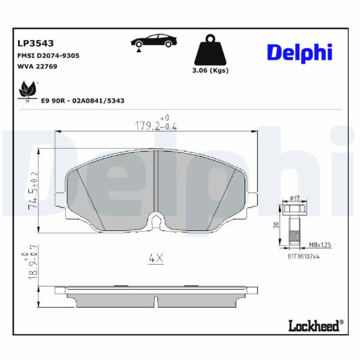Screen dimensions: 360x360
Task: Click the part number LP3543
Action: coord(35,43)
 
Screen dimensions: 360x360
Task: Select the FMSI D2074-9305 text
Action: coord(49,56)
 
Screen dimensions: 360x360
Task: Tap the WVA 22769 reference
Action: coord(37,67)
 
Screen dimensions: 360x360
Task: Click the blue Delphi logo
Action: coord(299,53)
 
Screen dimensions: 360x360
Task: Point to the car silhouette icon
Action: coord(154,41)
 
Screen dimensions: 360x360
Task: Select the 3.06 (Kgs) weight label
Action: coord(211,70)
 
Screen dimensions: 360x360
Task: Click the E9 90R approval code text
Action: coord(83,101)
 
